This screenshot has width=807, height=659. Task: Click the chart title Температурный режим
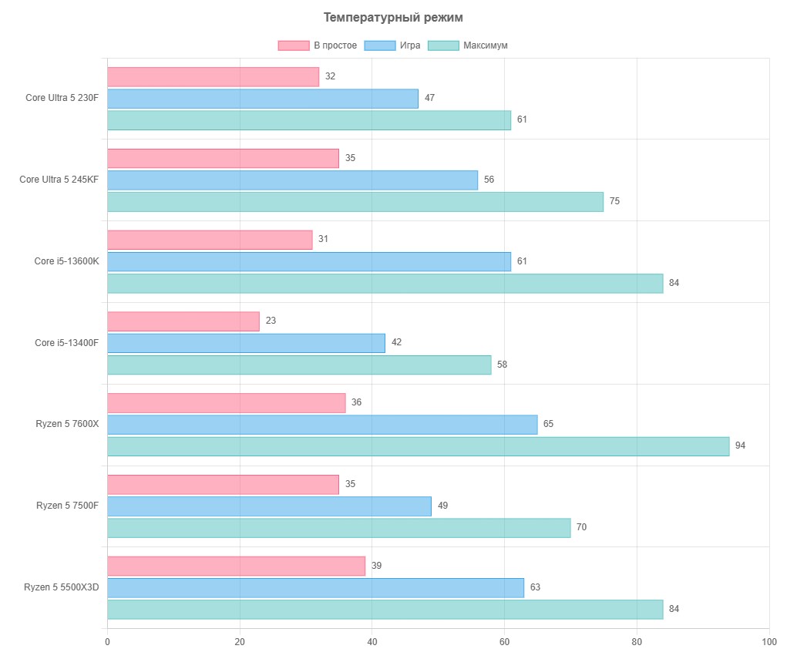point(393,18)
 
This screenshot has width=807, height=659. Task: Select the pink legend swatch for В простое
point(294,45)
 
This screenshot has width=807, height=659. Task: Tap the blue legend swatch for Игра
point(380,45)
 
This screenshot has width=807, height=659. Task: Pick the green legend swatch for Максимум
point(443,45)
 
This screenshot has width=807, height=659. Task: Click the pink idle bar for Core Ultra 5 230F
point(213,77)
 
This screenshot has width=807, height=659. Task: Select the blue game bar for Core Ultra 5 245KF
point(292,180)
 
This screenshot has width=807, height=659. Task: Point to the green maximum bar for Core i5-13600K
point(385,283)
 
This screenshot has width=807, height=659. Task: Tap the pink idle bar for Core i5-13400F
point(183,321)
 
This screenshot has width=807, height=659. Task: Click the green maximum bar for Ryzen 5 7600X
point(419,446)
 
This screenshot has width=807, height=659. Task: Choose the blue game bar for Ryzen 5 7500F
point(269,506)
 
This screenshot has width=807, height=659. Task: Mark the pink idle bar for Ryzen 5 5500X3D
point(236,566)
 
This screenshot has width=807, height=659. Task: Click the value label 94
point(740,445)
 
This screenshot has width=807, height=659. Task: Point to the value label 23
point(271,320)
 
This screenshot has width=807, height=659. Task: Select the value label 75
point(614,201)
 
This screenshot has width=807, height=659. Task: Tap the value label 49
point(442,505)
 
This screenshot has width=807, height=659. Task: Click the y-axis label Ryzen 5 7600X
point(67,424)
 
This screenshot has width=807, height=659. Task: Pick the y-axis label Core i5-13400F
point(66,342)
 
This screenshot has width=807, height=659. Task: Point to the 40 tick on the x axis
point(372,641)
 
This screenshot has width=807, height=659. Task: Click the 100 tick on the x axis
point(769,641)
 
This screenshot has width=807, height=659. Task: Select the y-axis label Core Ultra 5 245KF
point(59,179)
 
